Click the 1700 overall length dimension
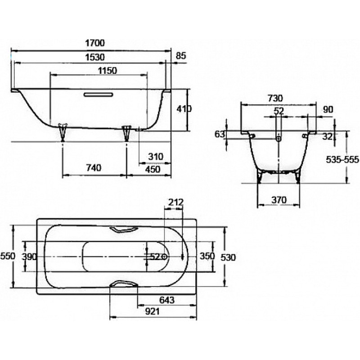(95, 43)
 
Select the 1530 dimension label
(95, 57)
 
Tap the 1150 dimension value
(108, 71)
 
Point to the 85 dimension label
(181, 56)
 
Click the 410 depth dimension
(184, 109)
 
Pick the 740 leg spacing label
(94, 168)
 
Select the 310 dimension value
(156, 157)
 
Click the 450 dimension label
(153, 170)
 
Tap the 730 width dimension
(275, 98)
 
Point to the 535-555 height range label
(342, 159)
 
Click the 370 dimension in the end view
(279, 200)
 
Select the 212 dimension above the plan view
(176, 202)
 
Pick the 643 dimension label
(167, 300)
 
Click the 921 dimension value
(153, 311)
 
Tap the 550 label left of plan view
(8, 256)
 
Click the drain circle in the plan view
(164, 256)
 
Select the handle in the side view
(98, 94)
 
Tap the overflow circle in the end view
(279, 139)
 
